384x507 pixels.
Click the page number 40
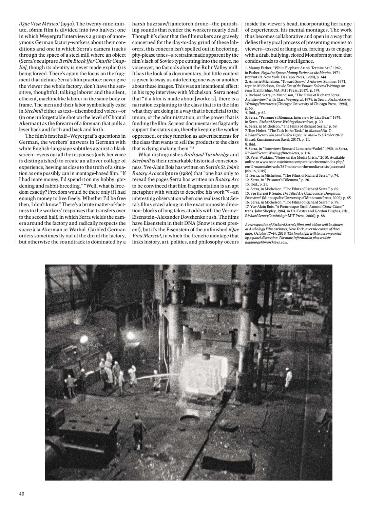pyautogui.click(x=21, y=494)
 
